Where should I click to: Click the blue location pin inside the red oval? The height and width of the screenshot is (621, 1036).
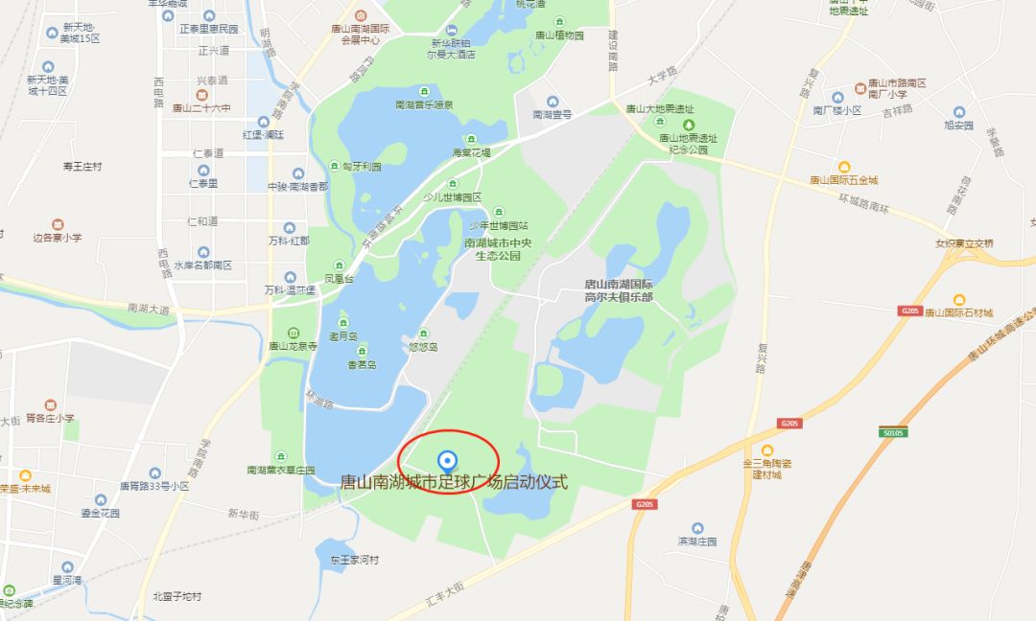[x=445, y=460]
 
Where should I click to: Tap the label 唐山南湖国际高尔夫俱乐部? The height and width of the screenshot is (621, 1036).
[x=619, y=290]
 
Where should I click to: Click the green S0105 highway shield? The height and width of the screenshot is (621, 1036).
[x=893, y=432]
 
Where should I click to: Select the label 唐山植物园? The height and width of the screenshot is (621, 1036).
[x=559, y=35]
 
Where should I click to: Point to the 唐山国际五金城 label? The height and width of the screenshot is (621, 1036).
[x=843, y=179]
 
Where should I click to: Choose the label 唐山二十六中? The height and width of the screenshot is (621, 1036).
[x=201, y=108]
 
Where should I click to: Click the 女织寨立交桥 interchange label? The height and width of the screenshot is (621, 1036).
[x=964, y=242]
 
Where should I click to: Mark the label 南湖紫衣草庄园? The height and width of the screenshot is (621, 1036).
[x=280, y=471]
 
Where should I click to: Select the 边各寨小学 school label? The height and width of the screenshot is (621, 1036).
[x=57, y=237]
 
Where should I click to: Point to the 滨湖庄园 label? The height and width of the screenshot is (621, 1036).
[x=697, y=541]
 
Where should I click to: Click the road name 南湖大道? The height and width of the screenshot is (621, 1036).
[x=148, y=309]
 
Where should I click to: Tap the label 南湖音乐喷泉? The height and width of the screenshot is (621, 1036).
[x=424, y=103]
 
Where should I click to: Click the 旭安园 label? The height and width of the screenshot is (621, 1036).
[x=958, y=125]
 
